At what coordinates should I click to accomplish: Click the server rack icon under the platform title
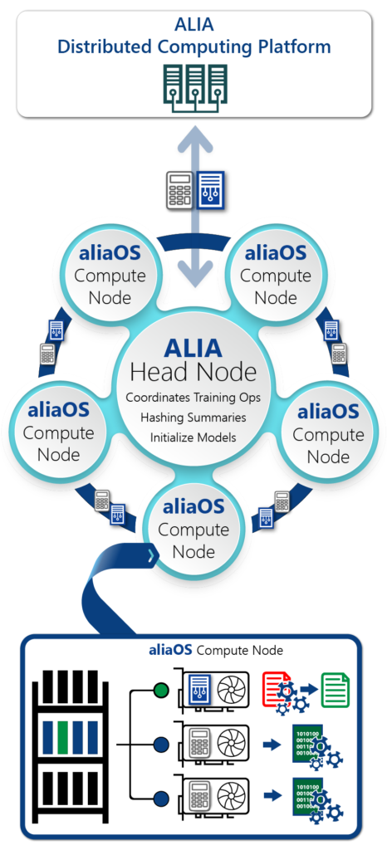(195, 88)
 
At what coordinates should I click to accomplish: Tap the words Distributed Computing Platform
(194, 46)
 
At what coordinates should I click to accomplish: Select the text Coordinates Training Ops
(193, 398)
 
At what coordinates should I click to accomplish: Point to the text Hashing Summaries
(193, 418)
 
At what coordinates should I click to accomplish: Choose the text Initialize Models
(193, 437)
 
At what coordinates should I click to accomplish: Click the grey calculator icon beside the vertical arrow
(180, 190)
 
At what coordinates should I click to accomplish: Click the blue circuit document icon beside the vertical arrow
(210, 190)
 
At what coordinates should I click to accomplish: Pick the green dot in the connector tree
(161, 691)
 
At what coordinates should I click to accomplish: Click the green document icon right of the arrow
(336, 690)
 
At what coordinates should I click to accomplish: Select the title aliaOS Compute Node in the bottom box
(216, 649)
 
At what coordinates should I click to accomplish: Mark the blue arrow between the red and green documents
(309, 689)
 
